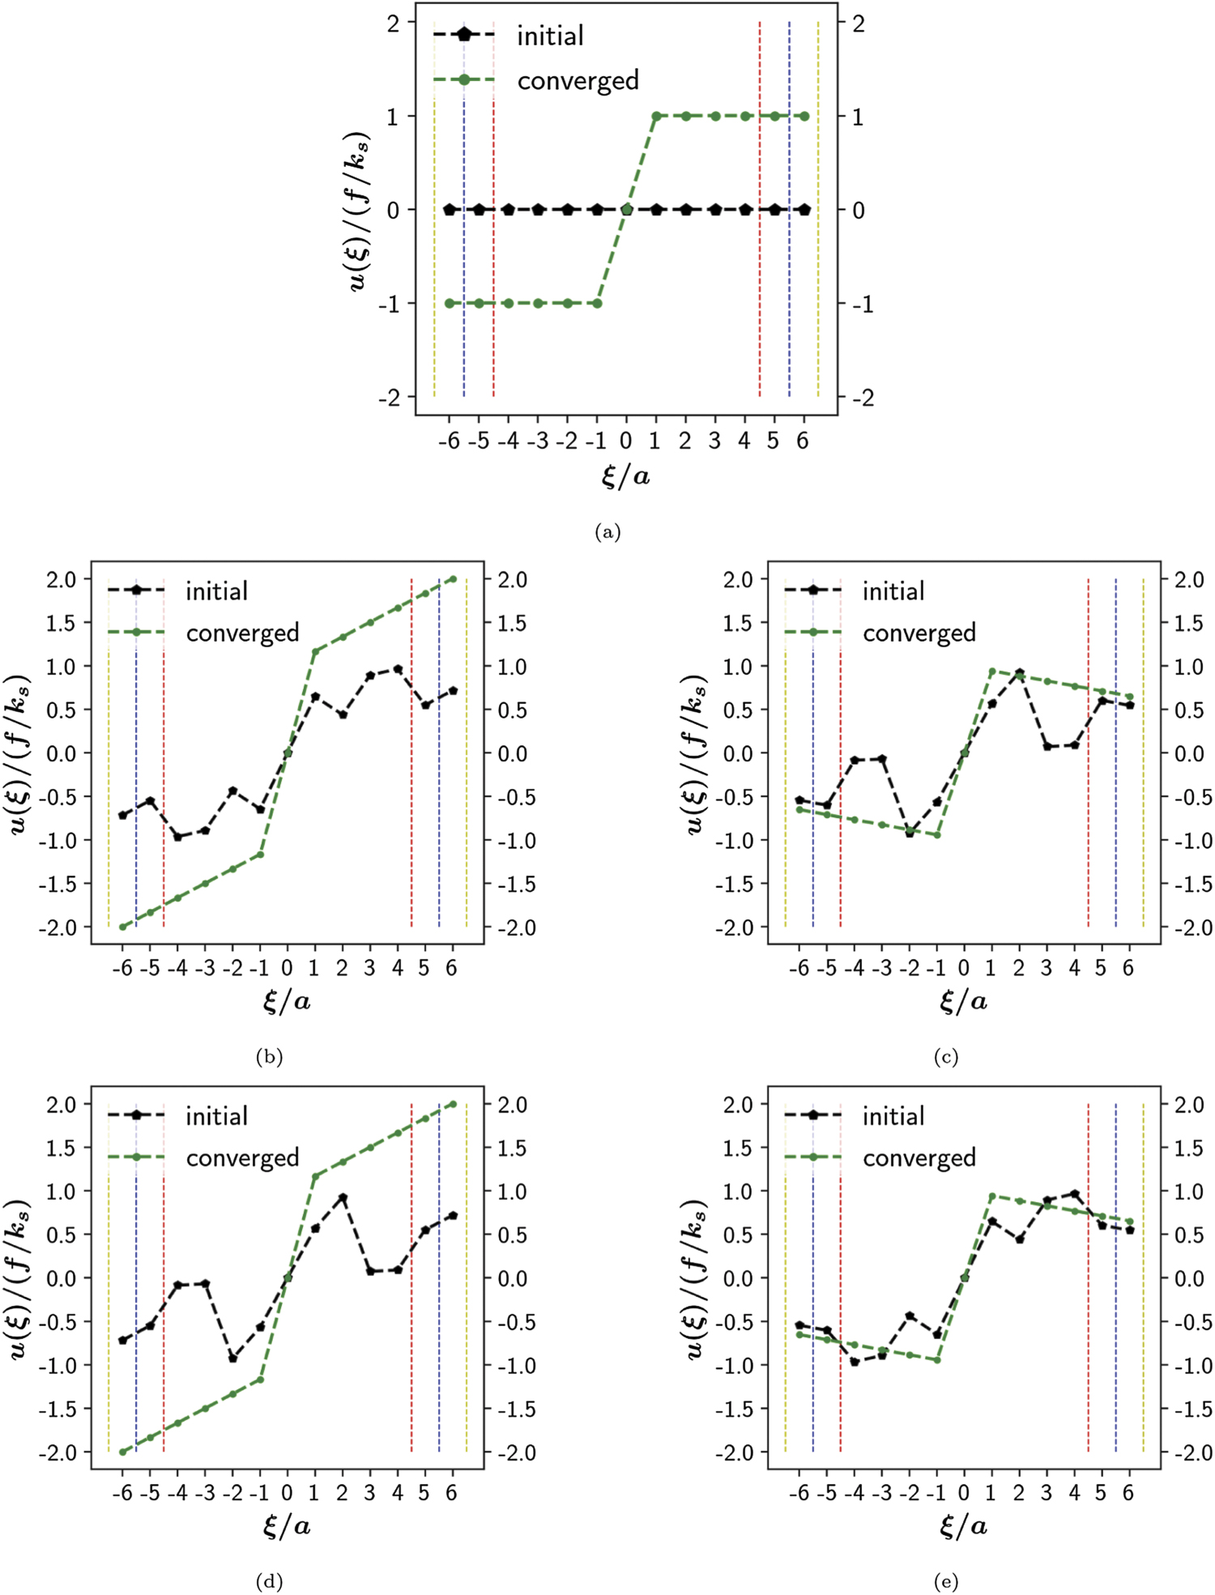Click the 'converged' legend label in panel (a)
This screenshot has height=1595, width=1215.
578,80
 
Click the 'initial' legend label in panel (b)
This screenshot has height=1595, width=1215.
216,591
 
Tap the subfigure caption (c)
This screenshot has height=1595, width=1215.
945,1056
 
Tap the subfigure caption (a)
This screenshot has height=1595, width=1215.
607,531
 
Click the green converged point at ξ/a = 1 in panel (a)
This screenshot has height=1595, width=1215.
656,116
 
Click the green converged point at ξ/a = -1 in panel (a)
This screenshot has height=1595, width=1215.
598,303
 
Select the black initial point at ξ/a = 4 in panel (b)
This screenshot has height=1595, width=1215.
398,669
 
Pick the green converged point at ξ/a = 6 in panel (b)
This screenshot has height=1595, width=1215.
453,579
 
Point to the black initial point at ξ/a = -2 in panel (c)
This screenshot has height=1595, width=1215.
910,833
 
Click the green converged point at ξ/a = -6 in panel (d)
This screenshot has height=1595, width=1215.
123,1452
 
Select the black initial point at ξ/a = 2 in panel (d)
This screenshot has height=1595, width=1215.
343,1197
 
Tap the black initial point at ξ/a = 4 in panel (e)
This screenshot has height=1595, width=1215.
1075,1193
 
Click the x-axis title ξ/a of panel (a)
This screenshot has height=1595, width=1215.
625,476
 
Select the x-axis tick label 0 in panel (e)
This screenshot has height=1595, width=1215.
964,1493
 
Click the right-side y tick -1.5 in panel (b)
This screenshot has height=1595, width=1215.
517,884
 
